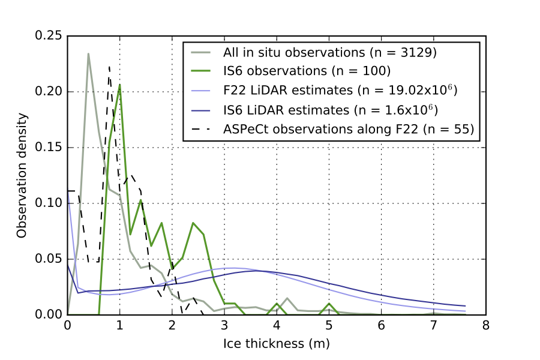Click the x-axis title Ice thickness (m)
click(x=277, y=344)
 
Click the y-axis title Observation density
click(x=22, y=175)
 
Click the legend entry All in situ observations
click(x=329, y=52)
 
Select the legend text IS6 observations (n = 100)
click(x=307, y=71)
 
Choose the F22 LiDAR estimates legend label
click(x=341, y=91)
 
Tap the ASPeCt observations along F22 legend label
click(x=349, y=129)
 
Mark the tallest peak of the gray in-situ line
click(x=88, y=53)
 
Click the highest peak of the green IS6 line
click(x=120, y=85)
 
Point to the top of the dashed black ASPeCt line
click(x=109, y=67)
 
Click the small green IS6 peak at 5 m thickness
click(x=329, y=304)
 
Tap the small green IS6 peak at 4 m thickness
click(x=277, y=304)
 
